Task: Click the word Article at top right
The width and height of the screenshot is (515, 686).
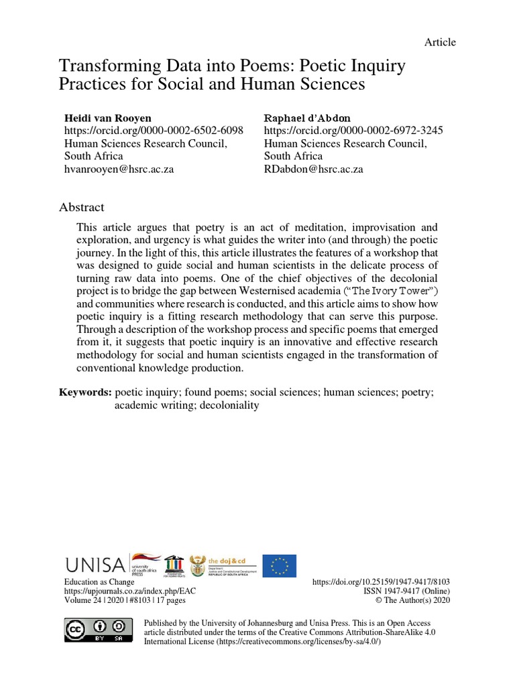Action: coord(440,42)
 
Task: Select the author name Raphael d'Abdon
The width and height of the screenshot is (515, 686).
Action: coord(306,117)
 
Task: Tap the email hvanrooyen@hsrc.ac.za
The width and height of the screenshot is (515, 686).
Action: coord(119,169)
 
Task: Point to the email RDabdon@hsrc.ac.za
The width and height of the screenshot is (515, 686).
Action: coord(313,169)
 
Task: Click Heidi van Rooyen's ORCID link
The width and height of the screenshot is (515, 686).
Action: coord(153,130)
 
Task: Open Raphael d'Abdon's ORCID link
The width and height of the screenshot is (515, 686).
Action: coord(353,130)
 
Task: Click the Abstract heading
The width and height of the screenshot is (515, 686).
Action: coord(82,208)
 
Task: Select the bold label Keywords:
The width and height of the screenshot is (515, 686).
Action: coord(85,393)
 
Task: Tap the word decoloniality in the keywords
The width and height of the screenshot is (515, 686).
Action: coord(226,405)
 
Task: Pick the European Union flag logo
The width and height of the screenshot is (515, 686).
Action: coord(279,565)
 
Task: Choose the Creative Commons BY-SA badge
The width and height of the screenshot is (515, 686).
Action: coord(95,630)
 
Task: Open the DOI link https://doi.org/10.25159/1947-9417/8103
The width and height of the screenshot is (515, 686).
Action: coord(382,583)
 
